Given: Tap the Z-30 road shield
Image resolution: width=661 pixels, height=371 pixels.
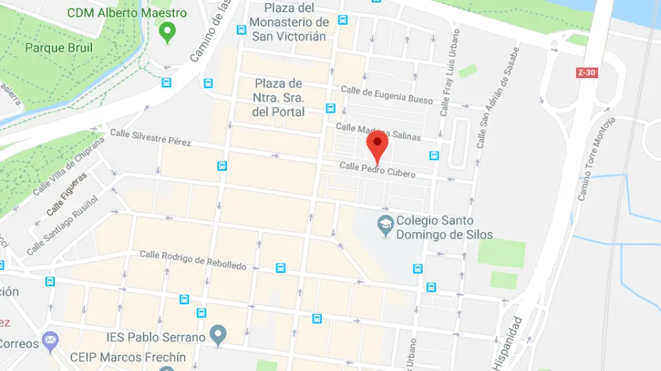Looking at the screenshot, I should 586,73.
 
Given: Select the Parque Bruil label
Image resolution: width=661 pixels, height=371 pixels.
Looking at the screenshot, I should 58,48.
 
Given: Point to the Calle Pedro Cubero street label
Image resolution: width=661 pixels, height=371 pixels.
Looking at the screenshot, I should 377,169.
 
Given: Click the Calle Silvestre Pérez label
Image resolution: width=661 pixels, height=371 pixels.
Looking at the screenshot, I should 150,138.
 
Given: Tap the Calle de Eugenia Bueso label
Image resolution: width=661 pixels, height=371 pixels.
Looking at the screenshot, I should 387,95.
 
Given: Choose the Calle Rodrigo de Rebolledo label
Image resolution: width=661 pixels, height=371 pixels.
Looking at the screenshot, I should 192,260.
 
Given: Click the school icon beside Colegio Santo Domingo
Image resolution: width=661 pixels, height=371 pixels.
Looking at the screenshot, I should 385,226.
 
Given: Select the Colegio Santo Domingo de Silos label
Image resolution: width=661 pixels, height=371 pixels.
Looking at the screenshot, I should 444,228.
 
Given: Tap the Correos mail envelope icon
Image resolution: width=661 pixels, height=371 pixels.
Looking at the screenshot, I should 50,342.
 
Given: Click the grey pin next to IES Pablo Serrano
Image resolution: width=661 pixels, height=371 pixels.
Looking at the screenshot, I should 217,334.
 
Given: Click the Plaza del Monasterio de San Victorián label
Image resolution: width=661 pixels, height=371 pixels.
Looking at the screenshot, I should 288,22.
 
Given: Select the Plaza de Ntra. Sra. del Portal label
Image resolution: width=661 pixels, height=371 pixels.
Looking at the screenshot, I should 278,97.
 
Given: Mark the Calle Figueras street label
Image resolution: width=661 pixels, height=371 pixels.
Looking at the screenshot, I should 66,194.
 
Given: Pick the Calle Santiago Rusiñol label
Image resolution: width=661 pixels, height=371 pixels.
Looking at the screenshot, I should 61,226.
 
